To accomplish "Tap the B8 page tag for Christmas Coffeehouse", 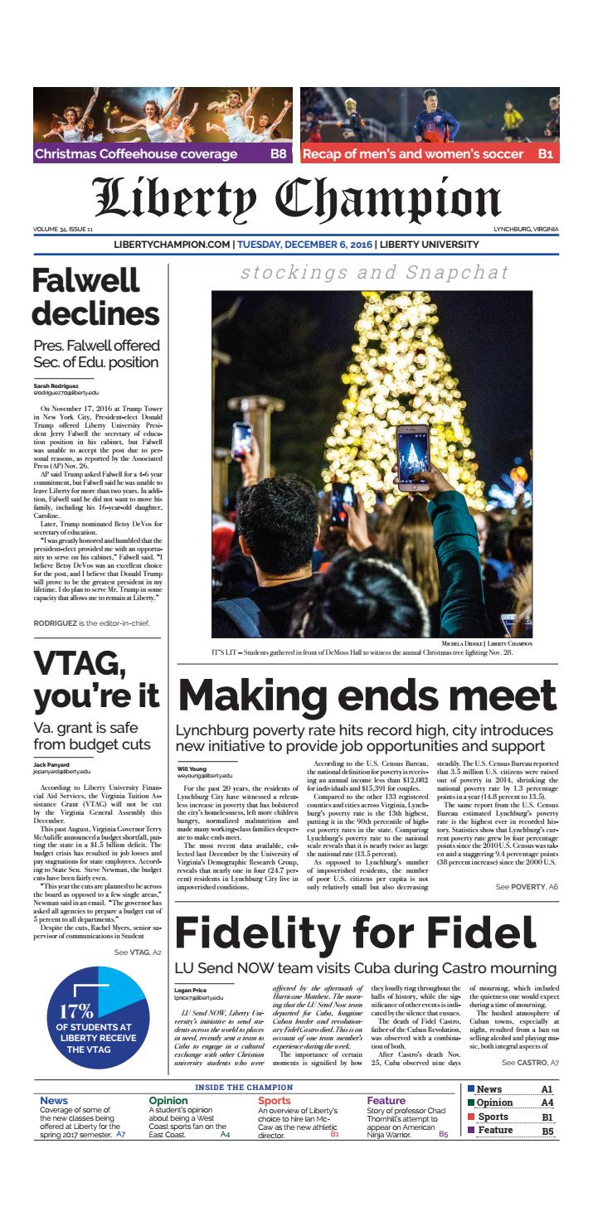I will [x=278, y=154].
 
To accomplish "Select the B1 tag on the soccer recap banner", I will [x=545, y=154].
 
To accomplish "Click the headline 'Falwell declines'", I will [x=95, y=298].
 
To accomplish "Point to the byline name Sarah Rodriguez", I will [x=57, y=386].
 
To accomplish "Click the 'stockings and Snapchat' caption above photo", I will [x=374, y=273].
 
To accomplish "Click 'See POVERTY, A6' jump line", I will [x=527, y=887].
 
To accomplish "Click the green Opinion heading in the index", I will [x=168, y=1101].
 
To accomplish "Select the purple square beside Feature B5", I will [x=471, y=1129].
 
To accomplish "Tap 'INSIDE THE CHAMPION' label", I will [x=244, y=1087].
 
